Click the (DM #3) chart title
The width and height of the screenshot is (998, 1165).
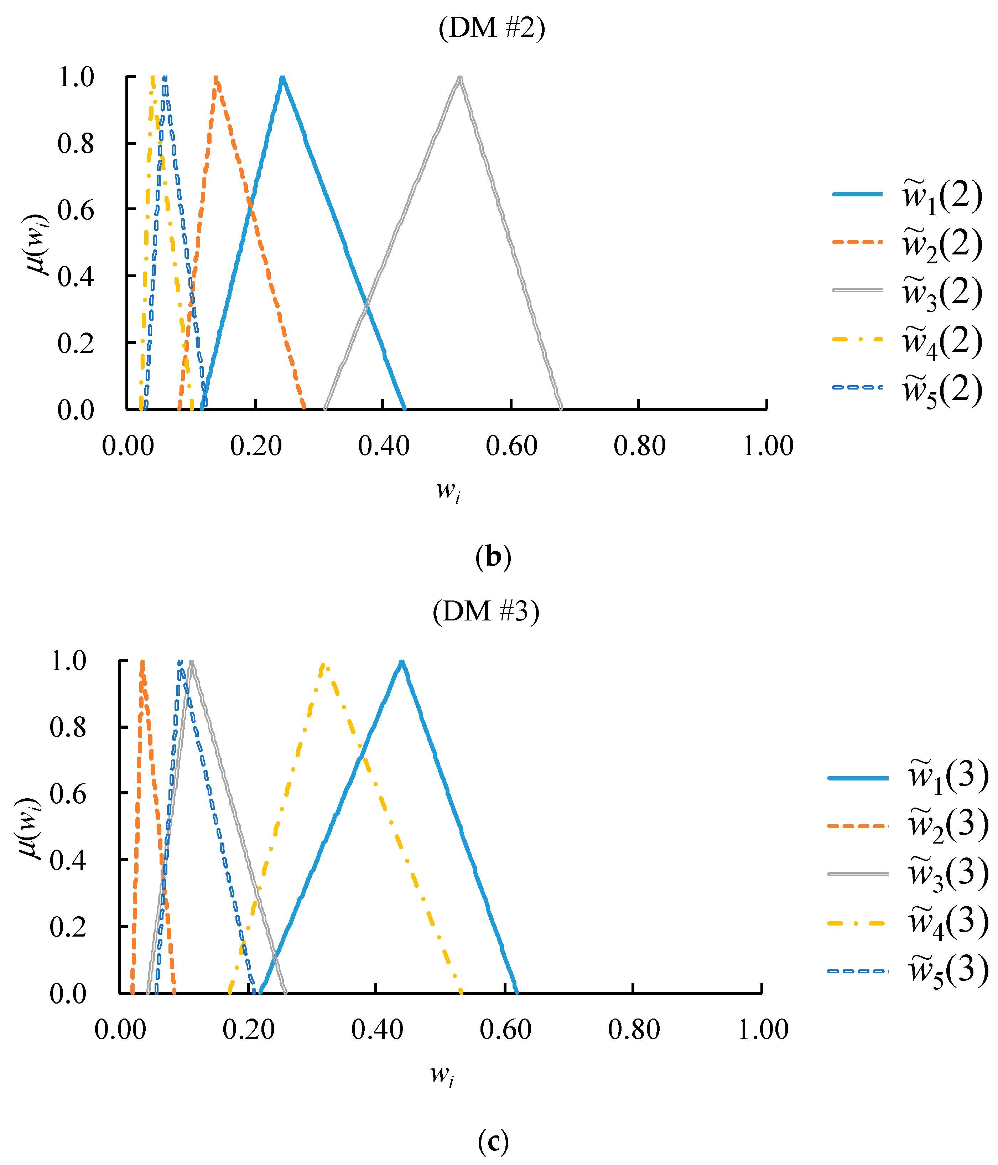[x=486, y=610]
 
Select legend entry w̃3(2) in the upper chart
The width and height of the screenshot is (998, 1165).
[x=942, y=292]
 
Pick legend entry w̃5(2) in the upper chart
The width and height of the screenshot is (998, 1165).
[x=942, y=390]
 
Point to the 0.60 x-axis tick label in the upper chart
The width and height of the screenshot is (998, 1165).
[x=511, y=446]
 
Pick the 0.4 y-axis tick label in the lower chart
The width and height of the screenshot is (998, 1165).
[x=68, y=860]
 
